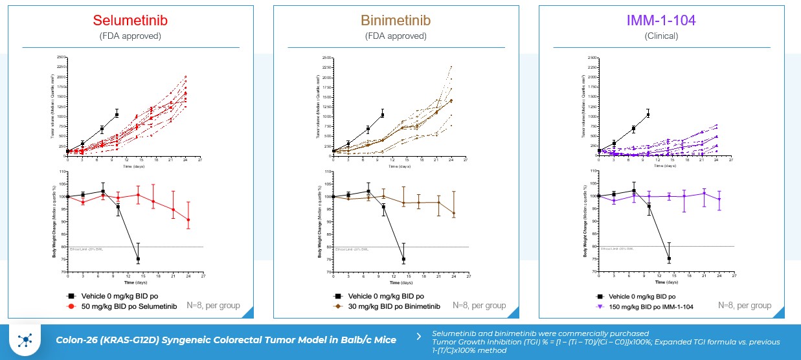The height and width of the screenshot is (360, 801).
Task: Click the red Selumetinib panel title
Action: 130,20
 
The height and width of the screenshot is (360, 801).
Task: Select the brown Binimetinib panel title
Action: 396,20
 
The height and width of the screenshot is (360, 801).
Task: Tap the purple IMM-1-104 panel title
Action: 661,20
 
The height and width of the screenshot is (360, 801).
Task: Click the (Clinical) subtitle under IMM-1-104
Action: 661,36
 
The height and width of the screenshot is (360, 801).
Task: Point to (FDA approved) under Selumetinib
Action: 130,36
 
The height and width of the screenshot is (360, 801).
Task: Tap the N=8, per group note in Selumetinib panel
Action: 213,305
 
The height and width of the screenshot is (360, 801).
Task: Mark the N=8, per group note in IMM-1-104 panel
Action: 745,305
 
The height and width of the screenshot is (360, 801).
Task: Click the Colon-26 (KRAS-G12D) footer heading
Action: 226,340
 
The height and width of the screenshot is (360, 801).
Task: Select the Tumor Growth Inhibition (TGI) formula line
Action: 605,342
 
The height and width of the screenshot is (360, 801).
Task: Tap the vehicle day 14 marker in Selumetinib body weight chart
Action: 138,259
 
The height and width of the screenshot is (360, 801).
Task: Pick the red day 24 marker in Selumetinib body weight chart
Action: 188,220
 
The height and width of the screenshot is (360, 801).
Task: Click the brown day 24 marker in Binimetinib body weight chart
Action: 454,213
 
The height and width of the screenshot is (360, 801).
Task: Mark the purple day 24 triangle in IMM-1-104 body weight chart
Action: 719,199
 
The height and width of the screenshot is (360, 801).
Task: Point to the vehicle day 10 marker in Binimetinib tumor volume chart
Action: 383,115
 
